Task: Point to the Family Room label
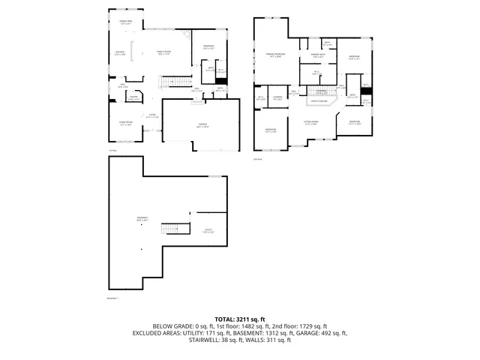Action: (x=164, y=52)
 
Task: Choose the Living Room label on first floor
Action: (x=125, y=124)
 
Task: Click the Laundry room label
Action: (x=277, y=98)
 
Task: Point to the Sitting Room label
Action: (x=310, y=121)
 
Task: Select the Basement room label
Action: (x=142, y=219)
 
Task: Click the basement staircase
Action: (x=174, y=229)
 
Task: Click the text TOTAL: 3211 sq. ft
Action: (x=240, y=319)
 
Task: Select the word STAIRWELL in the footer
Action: (x=208, y=340)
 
